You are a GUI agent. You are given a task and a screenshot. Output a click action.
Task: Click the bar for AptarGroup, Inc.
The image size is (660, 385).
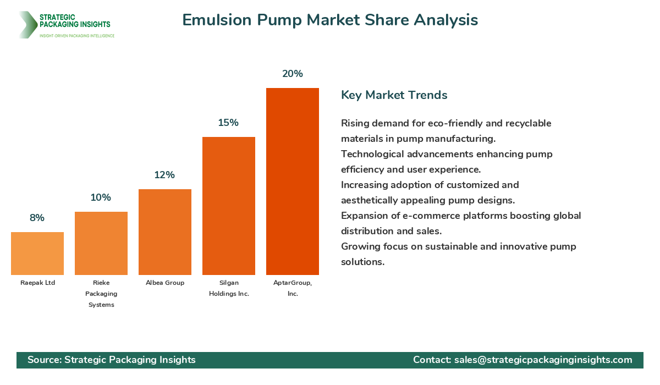[293, 182]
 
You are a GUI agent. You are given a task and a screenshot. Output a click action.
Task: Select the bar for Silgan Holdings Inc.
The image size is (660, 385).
[229, 206]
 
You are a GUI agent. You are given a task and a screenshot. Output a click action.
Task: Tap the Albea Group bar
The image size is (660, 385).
[165, 232]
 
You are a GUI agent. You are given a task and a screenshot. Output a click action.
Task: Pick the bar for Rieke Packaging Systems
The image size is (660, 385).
[101, 243]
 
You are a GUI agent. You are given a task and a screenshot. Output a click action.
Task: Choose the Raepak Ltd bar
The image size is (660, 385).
[37, 254]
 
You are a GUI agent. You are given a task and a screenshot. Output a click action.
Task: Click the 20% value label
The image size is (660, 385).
[293, 74]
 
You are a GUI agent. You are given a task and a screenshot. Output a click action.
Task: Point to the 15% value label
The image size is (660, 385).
[228, 123]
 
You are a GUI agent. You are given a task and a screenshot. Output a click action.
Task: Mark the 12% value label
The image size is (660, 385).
[164, 175]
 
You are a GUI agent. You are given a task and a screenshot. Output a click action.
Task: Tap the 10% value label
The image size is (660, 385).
[101, 197]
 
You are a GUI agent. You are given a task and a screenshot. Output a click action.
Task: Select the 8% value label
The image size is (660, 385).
[37, 218]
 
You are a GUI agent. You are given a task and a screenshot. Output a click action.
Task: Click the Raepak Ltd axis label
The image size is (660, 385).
[37, 283]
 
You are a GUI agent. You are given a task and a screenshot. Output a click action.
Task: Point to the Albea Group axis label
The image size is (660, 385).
[165, 283]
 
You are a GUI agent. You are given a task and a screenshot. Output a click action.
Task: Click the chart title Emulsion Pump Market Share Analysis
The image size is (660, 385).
[330, 20]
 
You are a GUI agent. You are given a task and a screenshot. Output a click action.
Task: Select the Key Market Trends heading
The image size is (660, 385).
[394, 95]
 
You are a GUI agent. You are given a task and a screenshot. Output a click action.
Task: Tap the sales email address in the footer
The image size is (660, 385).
[543, 360]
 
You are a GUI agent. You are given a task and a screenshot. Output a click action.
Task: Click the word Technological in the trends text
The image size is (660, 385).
[374, 154]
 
